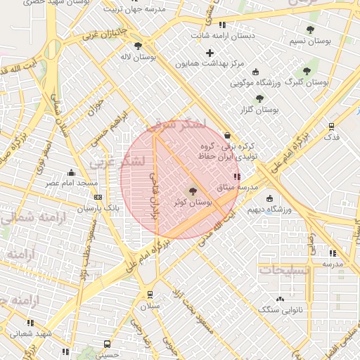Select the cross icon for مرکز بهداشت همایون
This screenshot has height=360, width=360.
point(210,53)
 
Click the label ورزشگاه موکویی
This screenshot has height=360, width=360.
point(256,84)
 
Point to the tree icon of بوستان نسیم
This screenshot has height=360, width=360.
point(310,30)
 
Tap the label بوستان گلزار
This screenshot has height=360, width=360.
point(259,110)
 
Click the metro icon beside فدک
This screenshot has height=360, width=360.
point(330,127)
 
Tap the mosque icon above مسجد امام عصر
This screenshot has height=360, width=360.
point(71,172)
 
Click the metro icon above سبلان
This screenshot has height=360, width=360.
point(150,295)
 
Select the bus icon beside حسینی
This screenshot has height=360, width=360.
point(107,345)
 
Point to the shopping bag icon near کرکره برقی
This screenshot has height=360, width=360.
point(226,135)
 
